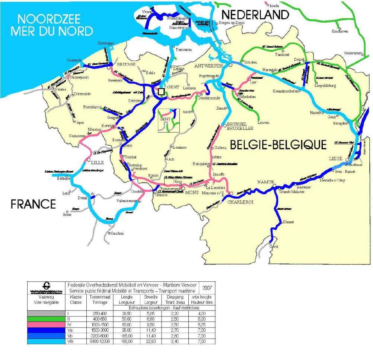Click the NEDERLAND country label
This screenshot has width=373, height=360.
(255, 15)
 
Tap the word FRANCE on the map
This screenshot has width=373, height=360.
(33, 204)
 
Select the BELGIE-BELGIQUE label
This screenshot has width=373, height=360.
(278, 145)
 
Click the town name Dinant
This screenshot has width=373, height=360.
(288, 222)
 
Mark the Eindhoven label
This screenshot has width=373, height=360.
(340, 31)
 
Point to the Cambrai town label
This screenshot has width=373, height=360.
(116, 233)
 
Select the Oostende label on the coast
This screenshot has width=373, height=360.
(73, 60)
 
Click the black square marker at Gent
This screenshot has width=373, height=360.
(161, 92)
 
